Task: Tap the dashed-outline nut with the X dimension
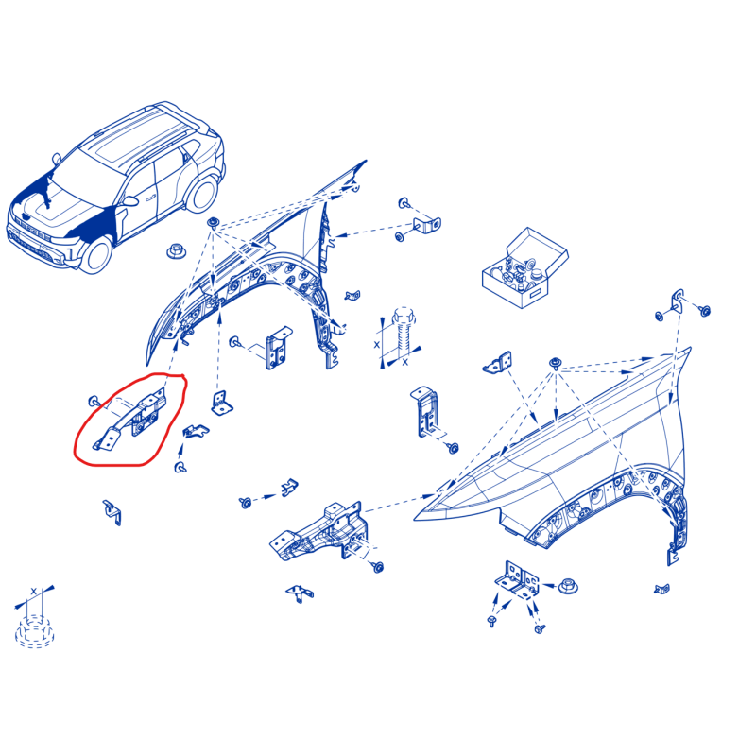click(x=33, y=631)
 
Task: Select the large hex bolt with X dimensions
click(x=404, y=332)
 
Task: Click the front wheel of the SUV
click(x=96, y=254)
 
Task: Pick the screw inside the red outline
click(x=94, y=401)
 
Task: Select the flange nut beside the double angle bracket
click(x=568, y=587)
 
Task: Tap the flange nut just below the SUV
click(x=176, y=251)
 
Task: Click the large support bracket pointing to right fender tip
click(x=318, y=533)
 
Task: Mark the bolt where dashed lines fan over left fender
click(x=213, y=223)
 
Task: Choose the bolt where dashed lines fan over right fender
click(x=556, y=364)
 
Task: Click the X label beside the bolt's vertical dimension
click(x=376, y=345)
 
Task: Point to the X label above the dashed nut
click(x=33, y=591)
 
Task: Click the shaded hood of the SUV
click(x=53, y=202)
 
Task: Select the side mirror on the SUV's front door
click(x=130, y=200)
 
